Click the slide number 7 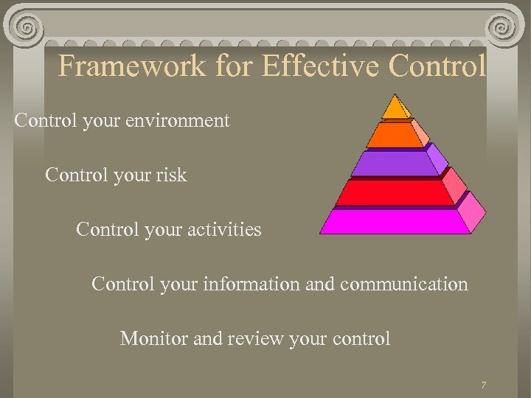point(483,385)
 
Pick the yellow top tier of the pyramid point(396,109)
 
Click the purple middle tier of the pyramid point(397,163)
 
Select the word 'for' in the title point(235,66)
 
